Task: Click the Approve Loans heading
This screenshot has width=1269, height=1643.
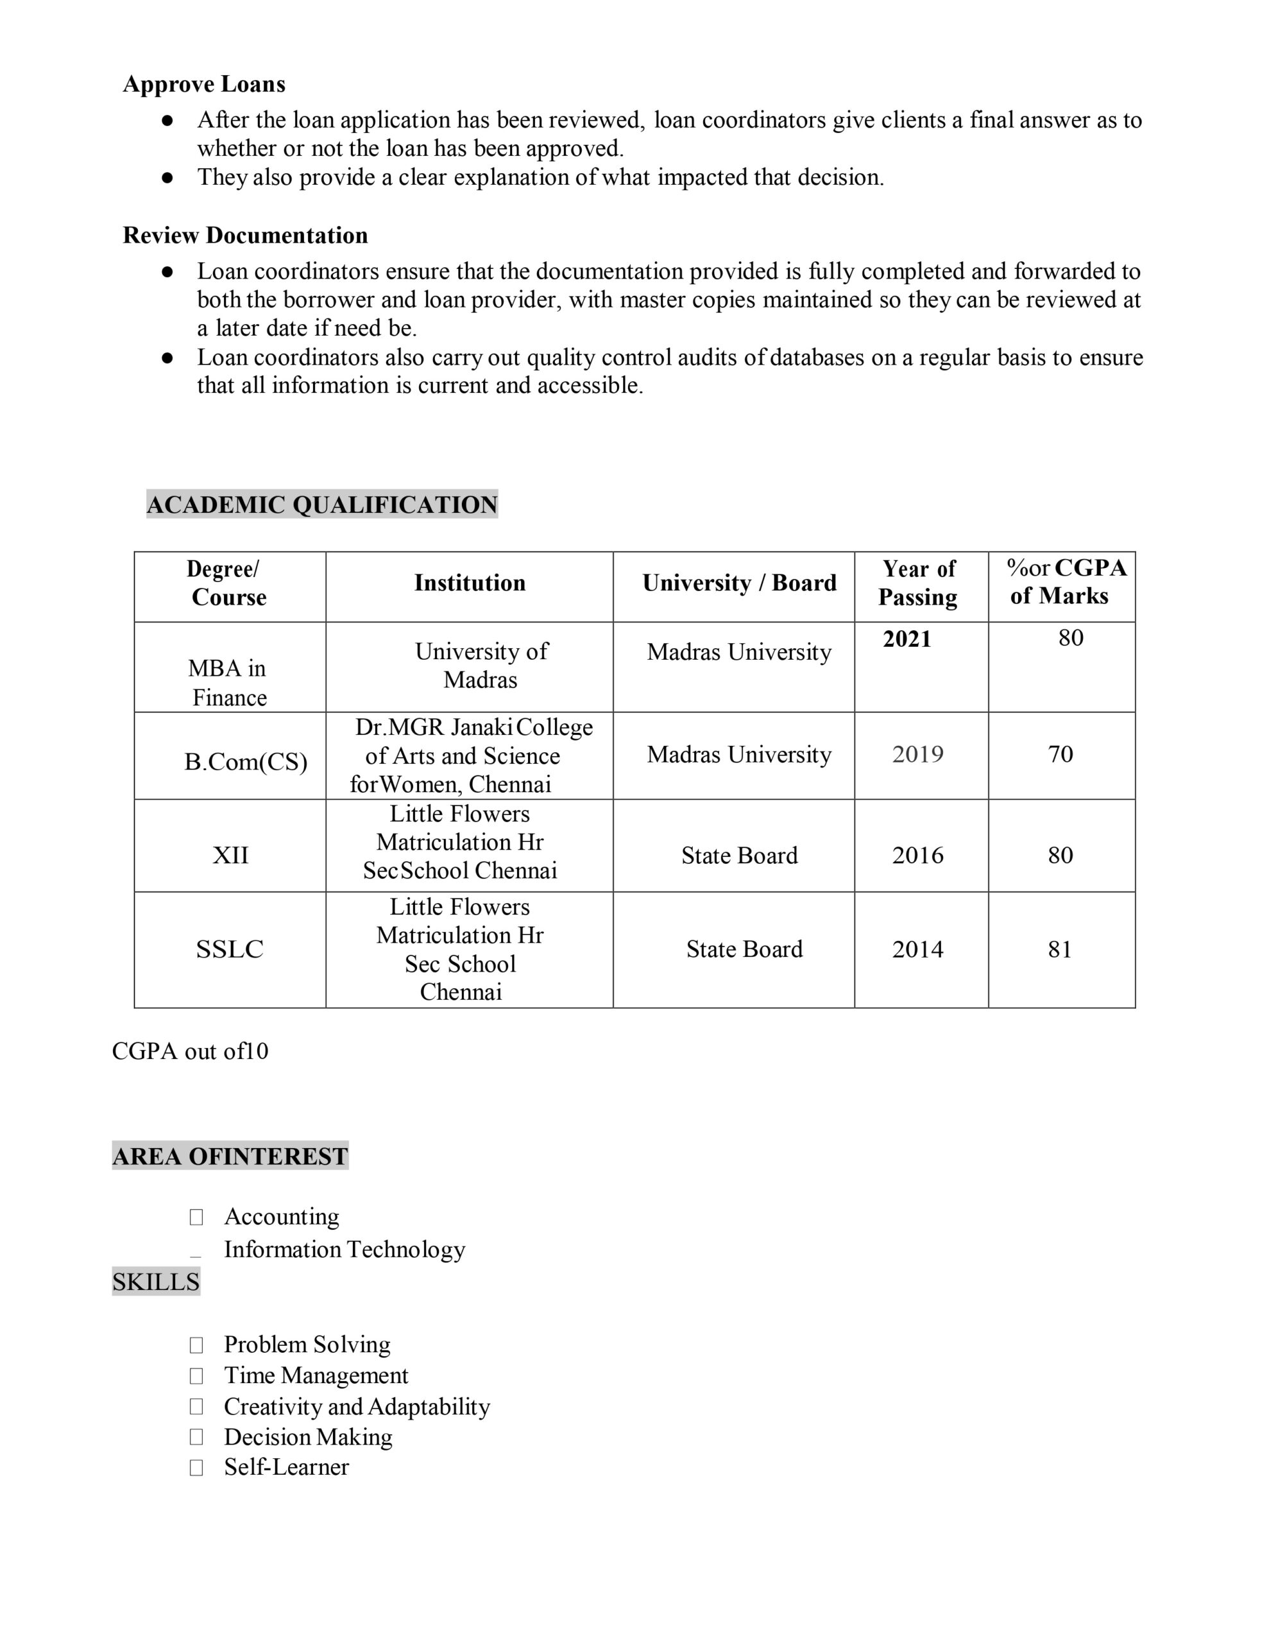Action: tap(204, 83)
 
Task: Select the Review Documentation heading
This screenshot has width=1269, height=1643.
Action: tap(245, 236)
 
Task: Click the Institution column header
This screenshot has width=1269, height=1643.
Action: tap(470, 583)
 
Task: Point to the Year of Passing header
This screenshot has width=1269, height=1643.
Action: tap(919, 583)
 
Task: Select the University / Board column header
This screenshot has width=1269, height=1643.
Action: tap(738, 583)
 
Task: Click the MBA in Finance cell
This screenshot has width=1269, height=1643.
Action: tap(228, 682)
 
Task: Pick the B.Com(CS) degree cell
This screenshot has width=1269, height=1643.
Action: tap(245, 762)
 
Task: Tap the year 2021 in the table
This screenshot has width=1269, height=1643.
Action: tap(907, 639)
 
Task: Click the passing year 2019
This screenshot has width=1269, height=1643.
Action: tap(917, 755)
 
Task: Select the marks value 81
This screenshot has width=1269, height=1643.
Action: tap(1060, 949)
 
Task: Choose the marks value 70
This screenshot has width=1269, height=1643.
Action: tap(1060, 755)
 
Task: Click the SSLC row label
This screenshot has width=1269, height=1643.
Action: tap(230, 949)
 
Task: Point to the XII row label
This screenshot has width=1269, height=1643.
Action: tap(230, 856)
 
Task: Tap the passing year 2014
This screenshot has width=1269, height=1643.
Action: tap(917, 949)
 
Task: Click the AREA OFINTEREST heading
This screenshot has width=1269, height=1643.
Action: tap(230, 1157)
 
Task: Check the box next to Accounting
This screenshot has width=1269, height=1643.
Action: tap(196, 1217)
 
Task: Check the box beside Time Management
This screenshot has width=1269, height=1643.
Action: tap(196, 1376)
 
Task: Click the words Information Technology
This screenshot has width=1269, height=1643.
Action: tap(345, 1250)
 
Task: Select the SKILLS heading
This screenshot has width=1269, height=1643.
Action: tap(156, 1282)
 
